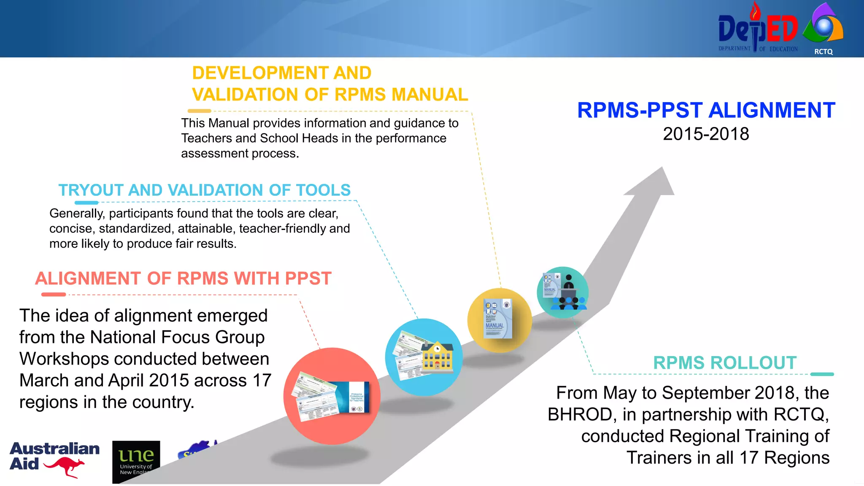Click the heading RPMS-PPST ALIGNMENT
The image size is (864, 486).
pos(706,111)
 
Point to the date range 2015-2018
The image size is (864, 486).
pos(706,134)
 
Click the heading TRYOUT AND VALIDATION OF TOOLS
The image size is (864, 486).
pos(204,190)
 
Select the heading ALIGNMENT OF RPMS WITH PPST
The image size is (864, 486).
pos(183,279)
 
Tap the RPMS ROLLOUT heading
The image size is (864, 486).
pos(724,363)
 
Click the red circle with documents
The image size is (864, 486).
pos(332,396)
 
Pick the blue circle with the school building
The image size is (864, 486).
pos(424,357)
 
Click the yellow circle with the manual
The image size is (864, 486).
pos(499,320)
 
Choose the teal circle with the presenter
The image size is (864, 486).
pos(563,292)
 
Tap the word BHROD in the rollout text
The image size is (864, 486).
pos(579,415)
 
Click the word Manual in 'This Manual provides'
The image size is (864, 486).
pos(229,123)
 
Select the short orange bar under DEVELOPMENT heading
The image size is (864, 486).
pos(199,111)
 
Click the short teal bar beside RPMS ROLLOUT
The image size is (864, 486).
pos(822,374)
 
